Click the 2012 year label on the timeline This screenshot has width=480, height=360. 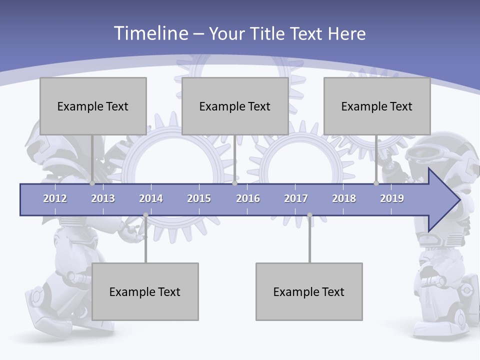tap(55, 198)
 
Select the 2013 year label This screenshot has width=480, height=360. tap(103, 198)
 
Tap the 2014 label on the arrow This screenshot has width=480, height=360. tap(151, 198)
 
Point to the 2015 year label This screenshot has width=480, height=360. tap(199, 198)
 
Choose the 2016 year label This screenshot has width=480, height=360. tap(248, 198)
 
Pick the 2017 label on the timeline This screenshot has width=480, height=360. tap(296, 198)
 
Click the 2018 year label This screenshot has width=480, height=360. tap(344, 198)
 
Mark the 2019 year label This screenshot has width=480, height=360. tap(392, 198)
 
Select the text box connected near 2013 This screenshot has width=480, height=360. tap(93, 106)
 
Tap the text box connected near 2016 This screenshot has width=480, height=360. tap(235, 106)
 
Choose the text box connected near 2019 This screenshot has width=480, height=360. tap(377, 106)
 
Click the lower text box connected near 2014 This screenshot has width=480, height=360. tap(145, 291)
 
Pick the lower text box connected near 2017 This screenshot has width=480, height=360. tap(309, 291)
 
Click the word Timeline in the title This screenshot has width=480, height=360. tap(150, 33)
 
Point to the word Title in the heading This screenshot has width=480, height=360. tap(270, 34)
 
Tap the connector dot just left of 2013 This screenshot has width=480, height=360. tap(92, 183)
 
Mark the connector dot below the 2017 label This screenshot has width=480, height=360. tap(309, 215)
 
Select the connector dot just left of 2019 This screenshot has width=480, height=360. tap(376, 183)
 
